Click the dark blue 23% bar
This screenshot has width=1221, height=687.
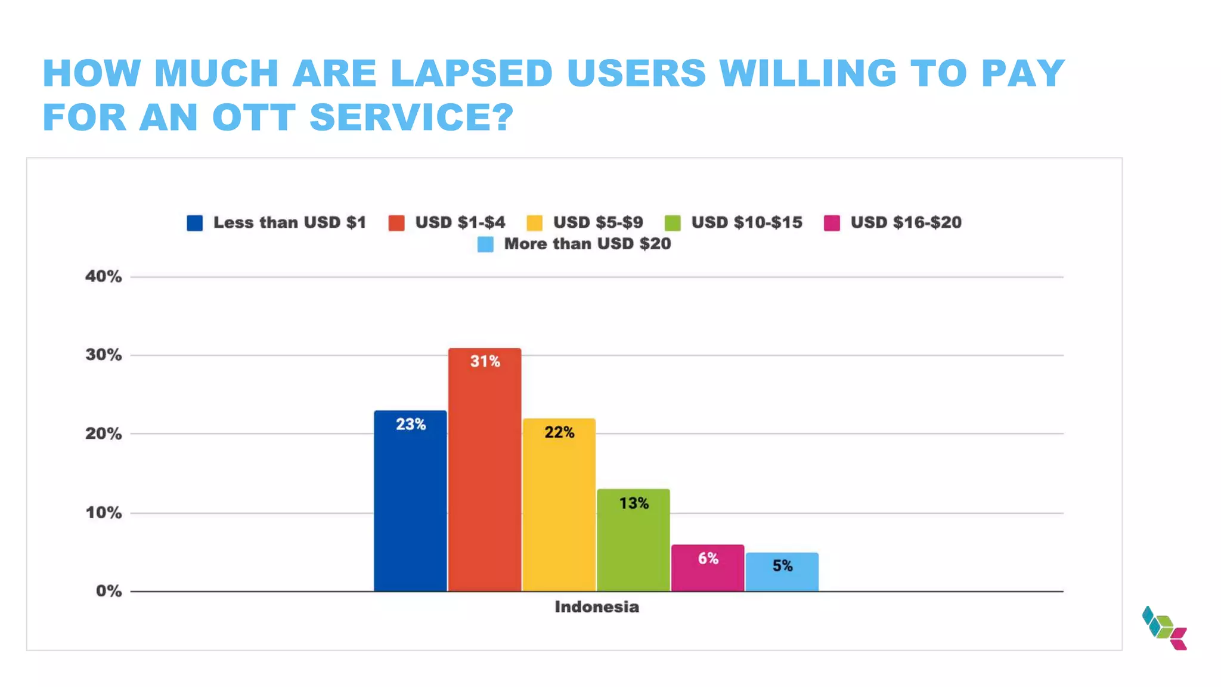coord(410,501)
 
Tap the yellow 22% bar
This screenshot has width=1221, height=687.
coord(559,505)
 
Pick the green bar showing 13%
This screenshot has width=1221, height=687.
coord(633,540)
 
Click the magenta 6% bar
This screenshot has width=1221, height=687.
coord(708,568)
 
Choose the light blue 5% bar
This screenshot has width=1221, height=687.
coord(782,572)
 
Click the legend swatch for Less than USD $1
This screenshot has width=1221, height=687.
coord(195,223)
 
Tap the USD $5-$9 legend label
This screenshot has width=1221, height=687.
coord(597,222)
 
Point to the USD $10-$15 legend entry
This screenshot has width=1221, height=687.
coord(746,222)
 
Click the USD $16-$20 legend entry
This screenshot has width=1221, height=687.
coord(905,222)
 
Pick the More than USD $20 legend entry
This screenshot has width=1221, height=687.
coord(587,244)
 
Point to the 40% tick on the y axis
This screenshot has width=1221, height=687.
coord(103,277)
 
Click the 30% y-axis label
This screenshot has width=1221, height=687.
coord(103,355)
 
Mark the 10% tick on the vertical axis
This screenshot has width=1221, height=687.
coord(103,513)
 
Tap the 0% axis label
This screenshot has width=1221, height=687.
coord(109,591)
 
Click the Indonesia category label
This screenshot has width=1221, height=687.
coord(596,607)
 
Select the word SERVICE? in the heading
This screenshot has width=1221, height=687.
coord(411,117)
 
